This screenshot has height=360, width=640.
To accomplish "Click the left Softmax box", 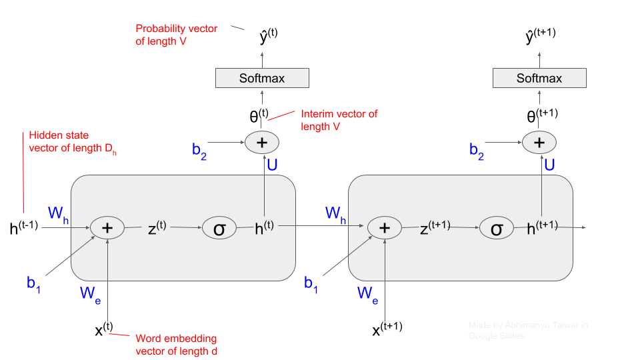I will (x=262, y=78).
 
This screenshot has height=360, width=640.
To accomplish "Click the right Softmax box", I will (x=539, y=78).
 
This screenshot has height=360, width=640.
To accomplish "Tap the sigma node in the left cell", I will (x=219, y=229).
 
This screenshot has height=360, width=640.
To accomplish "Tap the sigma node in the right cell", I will (x=497, y=229).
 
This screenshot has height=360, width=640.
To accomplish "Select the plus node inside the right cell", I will (x=384, y=227).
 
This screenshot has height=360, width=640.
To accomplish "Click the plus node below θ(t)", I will (x=262, y=142).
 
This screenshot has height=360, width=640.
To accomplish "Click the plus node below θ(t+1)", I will (x=539, y=142).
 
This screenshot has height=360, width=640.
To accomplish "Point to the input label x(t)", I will (x=104, y=328).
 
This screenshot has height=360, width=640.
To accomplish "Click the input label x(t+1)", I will (x=385, y=328).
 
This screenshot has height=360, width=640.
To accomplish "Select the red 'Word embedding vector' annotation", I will (x=176, y=345).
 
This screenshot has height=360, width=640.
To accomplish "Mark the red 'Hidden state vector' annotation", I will (x=73, y=141).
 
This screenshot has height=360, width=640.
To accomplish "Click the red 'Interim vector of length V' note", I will (x=339, y=120).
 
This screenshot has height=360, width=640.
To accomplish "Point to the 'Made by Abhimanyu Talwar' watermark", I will (x=528, y=330).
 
